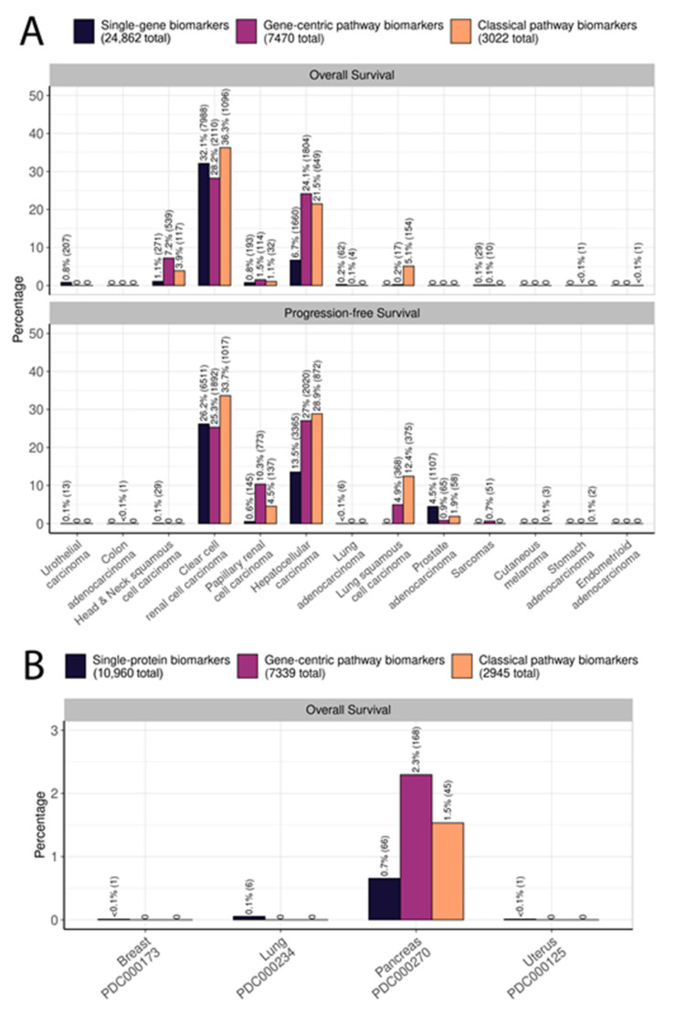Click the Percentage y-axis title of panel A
tap(18, 311)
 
